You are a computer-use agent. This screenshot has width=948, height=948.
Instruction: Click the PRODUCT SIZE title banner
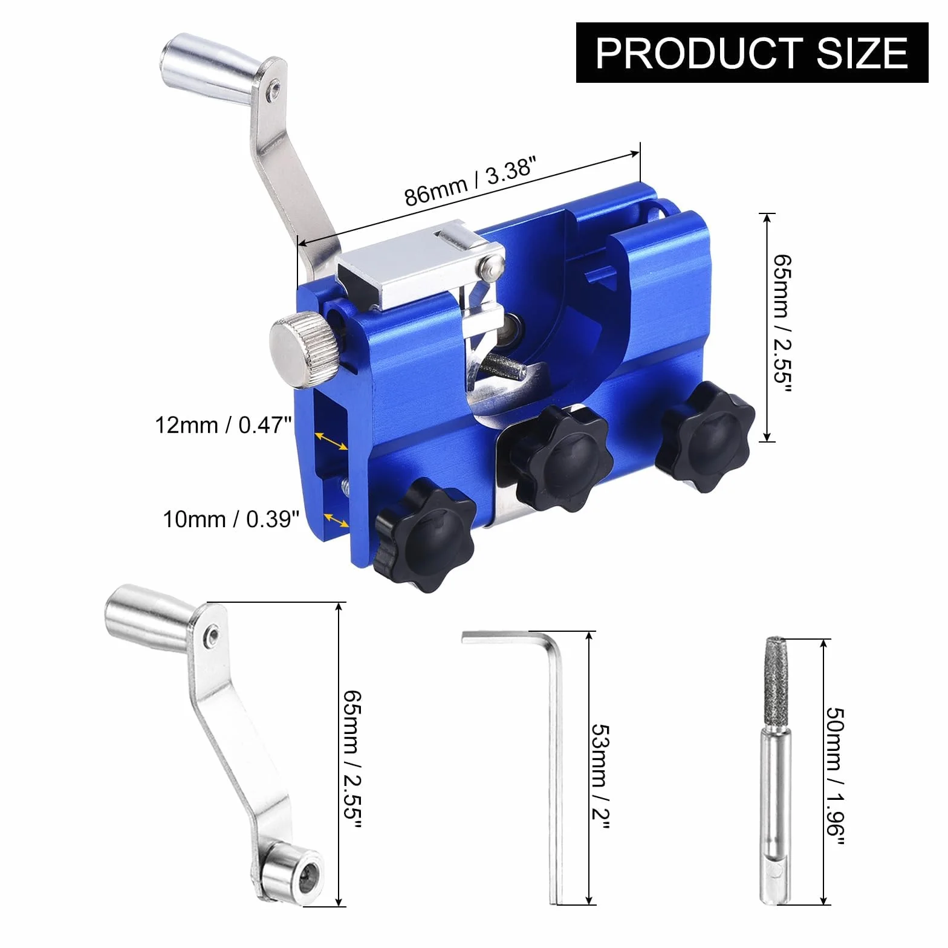[x=752, y=53]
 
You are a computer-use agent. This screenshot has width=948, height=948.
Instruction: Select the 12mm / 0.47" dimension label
[x=220, y=426]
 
